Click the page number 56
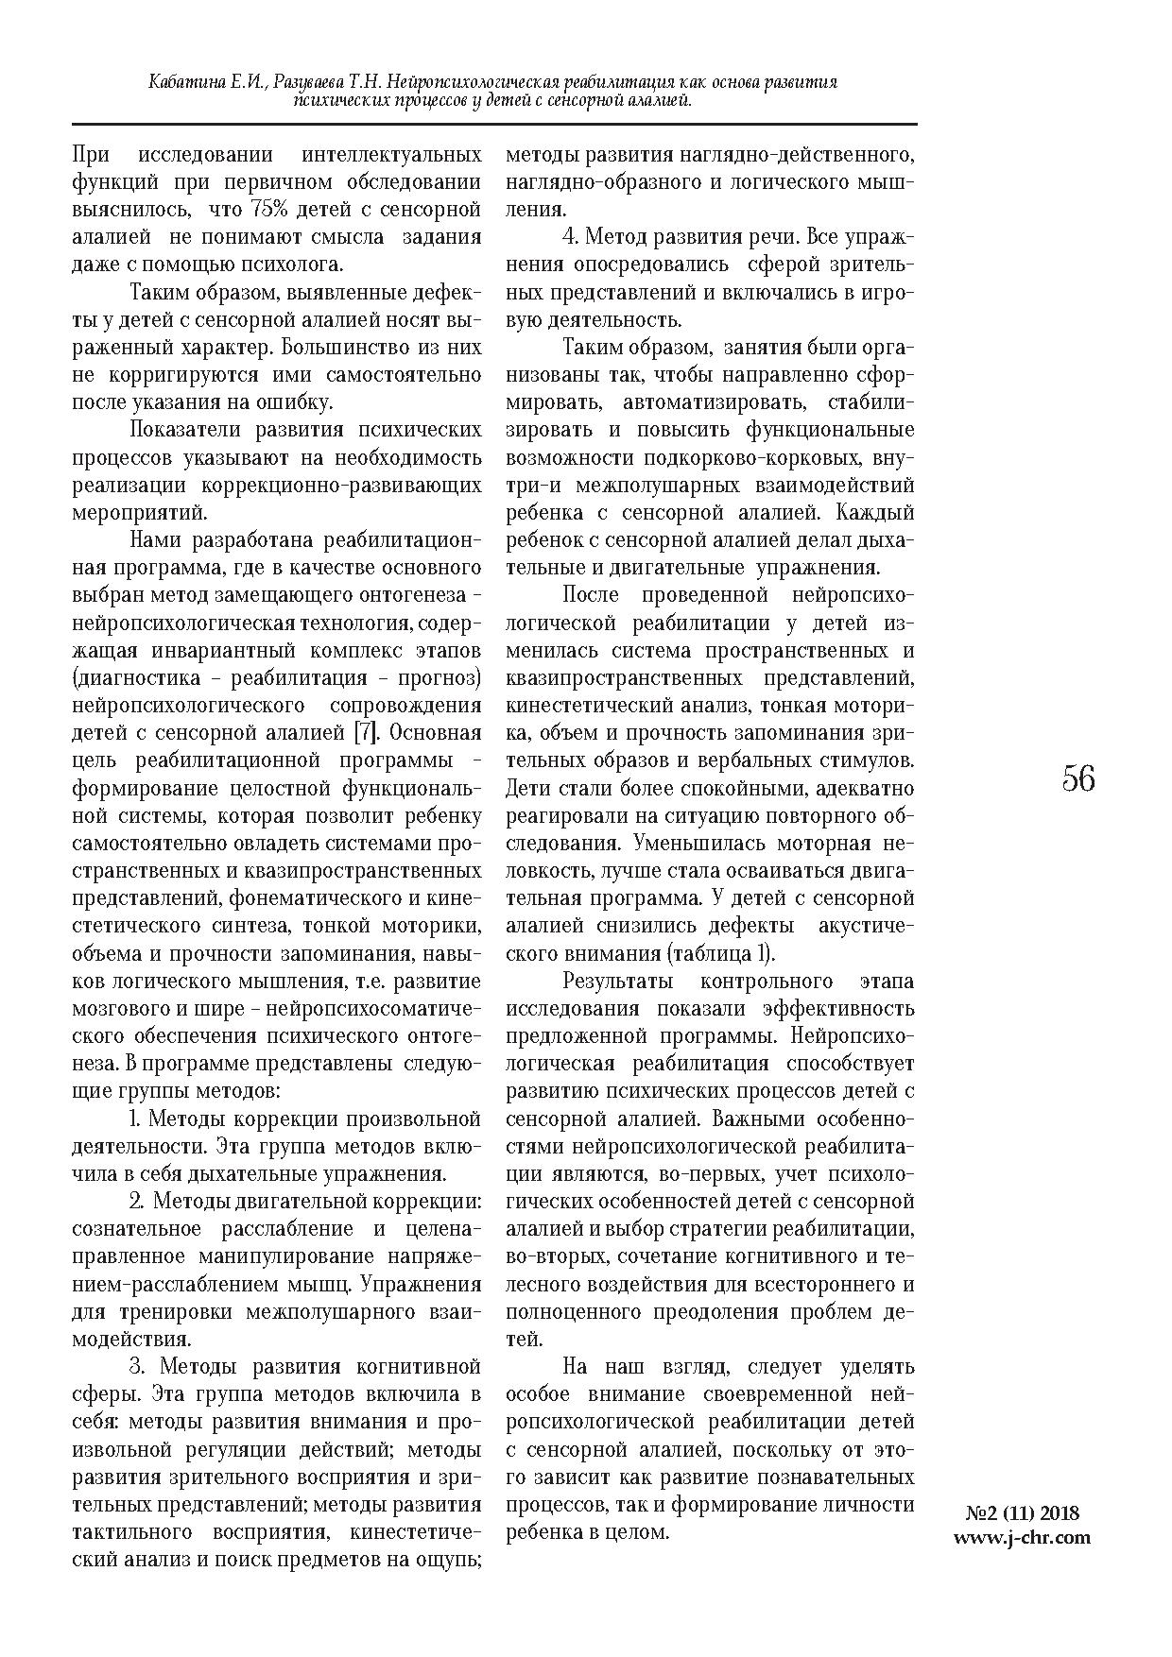point(1078,779)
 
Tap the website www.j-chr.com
point(1023,1537)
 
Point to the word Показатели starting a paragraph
point(186,430)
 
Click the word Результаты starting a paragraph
point(618,981)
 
